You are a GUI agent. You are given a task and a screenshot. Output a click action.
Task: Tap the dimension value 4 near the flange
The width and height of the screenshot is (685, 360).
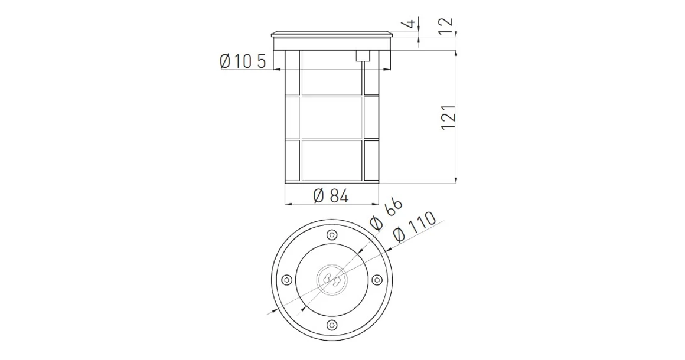click(408, 24)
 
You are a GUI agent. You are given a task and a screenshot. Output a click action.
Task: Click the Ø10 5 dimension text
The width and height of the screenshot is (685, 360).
click(243, 61)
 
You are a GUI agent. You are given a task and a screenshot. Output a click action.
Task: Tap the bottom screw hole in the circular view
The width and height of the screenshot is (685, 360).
click(331, 324)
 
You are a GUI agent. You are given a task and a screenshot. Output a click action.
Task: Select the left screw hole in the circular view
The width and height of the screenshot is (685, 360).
click(286, 279)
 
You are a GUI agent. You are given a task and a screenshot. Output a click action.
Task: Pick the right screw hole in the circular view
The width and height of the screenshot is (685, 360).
click(377, 279)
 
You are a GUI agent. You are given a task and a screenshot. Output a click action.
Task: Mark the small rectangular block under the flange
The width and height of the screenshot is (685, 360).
click(363, 56)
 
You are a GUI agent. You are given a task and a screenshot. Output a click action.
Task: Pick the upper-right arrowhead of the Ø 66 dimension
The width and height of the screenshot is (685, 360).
click(361, 250)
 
